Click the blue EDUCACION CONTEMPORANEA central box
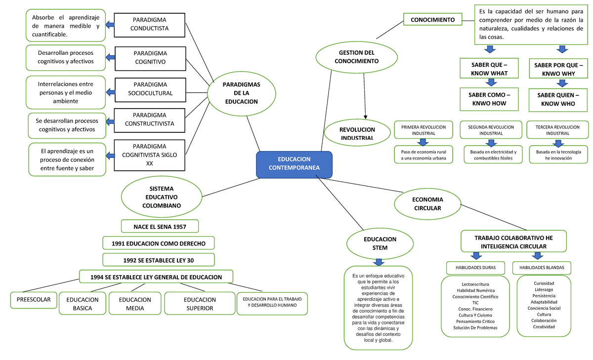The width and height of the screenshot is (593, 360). (x=294, y=164)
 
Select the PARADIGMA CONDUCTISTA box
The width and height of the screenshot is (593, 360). (x=149, y=24)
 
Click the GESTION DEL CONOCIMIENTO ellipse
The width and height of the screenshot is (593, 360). (x=356, y=57)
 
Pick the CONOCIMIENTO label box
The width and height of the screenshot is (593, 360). (x=432, y=20)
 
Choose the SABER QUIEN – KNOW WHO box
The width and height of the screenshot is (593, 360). (x=557, y=99)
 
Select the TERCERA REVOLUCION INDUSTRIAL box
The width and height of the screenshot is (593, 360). (x=557, y=130)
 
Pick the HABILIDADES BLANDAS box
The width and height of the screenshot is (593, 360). (x=542, y=268)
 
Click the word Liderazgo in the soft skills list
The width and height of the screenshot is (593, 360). (x=544, y=289)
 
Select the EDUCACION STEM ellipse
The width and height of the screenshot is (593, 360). (x=380, y=243)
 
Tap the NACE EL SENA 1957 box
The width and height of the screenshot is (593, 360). (x=160, y=226)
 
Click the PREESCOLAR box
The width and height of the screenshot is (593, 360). (x=34, y=300)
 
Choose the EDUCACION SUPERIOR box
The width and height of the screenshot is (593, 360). (x=199, y=304)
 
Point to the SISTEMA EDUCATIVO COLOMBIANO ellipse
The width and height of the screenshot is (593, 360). (x=162, y=197)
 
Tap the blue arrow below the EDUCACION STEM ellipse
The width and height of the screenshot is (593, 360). (x=379, y=262)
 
